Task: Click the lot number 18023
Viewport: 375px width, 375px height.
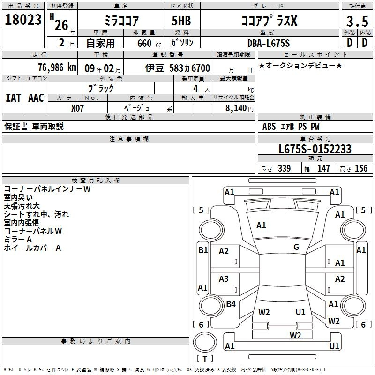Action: [x=23, y=20]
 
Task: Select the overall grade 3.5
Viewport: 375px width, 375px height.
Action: [x=357, y=22]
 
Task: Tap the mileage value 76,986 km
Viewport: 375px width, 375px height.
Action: [x=57, y=67]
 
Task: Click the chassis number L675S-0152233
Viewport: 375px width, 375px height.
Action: [x=315, y=149]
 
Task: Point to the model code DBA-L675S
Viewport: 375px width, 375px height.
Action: [x=269, y=43]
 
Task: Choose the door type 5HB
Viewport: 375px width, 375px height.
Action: [x=181, y=21]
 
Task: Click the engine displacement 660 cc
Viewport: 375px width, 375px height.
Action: [x=149, y=44]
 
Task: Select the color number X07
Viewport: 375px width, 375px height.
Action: [x=77, y=108]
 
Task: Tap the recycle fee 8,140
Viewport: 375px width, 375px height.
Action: [x=236, y=108]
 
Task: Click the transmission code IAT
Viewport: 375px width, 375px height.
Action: [x=14, y=98]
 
